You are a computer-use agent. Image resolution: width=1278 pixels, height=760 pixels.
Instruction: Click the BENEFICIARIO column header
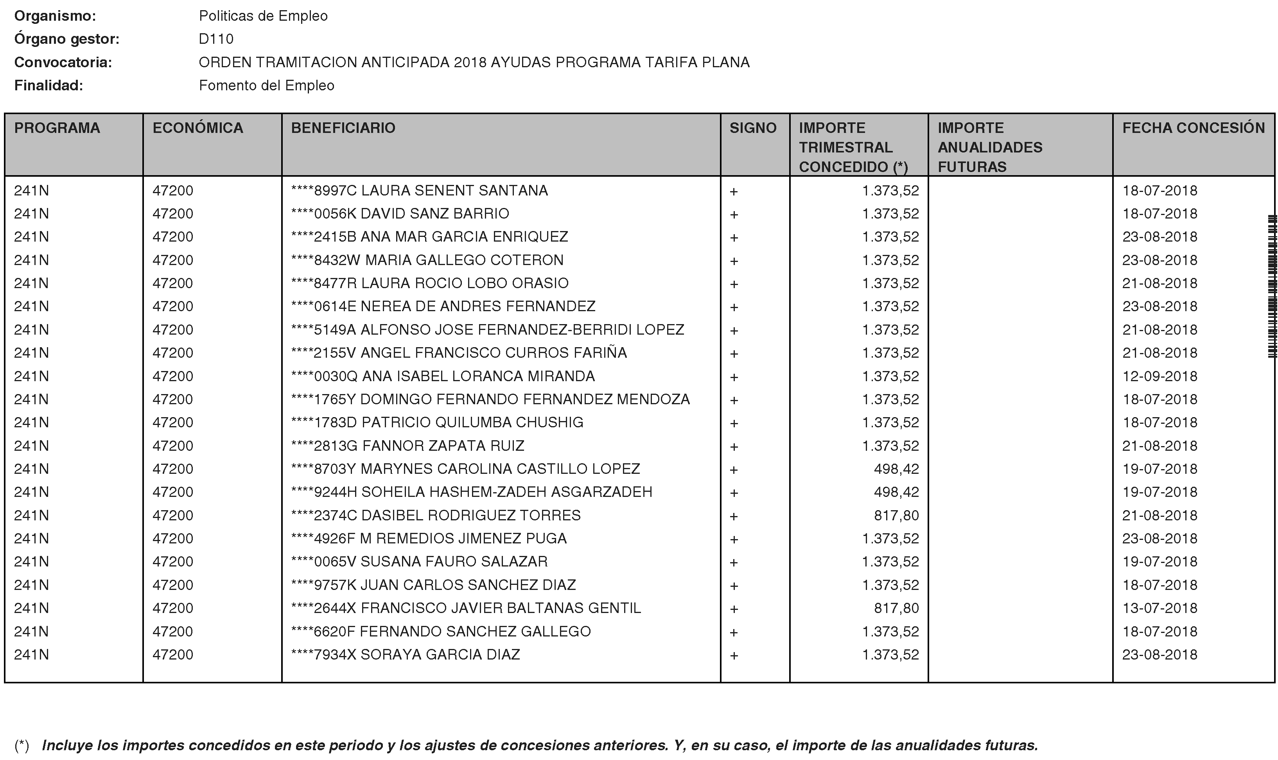click(x=343, y=128)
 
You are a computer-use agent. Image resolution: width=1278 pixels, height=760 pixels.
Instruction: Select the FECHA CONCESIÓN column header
click(x=1193, y=128)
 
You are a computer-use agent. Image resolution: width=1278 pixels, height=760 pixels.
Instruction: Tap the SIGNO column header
click(x=752, y=128)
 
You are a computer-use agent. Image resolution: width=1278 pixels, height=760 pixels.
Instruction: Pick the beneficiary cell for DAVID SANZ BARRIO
click(x=400, y=213)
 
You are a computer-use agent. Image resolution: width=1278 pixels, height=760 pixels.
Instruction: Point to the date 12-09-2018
click(x=1160, y=376)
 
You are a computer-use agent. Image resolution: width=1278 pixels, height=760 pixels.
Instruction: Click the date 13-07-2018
click(x=1160, y=608)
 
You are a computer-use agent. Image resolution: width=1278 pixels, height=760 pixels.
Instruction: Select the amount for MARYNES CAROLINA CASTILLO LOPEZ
click(x=896, y=469)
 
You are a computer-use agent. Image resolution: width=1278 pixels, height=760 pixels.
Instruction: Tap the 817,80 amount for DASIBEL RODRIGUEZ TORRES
click(x=896, y=515)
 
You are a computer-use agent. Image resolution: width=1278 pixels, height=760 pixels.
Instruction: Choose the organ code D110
click(x=216, y=39)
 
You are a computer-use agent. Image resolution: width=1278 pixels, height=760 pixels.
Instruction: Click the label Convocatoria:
click(x=63, y=63)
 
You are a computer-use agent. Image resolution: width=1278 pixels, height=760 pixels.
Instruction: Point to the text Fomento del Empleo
click(x=266, y=86)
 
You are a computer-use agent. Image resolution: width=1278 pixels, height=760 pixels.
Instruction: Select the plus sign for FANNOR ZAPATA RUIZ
click(x=734, y=446)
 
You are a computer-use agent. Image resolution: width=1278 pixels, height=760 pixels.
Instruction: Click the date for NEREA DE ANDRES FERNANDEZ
click(x=1160, y=306)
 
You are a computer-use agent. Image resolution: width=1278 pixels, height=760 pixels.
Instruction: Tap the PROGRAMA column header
click(x=57, y=128)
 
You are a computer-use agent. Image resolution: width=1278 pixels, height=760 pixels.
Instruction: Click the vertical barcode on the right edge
click(x=1272, y=287)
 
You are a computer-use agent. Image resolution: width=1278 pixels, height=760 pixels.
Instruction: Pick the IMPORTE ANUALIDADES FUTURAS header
click(x=990, y=147)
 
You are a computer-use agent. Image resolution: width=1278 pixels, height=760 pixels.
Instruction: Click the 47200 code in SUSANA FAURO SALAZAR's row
click(x=172, y=562)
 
